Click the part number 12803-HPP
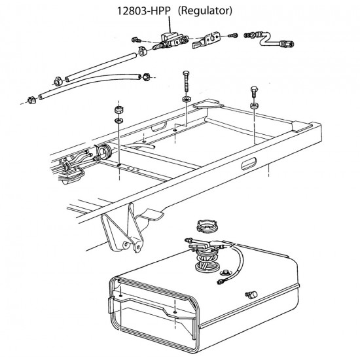(144, 10)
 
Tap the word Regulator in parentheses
(205, 10)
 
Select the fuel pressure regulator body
(171, 41)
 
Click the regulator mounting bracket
(206, 40)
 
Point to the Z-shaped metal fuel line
(269, 39)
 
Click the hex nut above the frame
(118, 110)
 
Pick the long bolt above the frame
(186, 82)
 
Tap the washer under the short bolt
(254, 106)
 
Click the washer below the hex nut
(118, 120)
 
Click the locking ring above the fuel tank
(207, 226)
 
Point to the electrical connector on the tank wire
(221, 281)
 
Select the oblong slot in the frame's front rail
(249, 163)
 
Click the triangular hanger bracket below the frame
(122, 230)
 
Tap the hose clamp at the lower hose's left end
(31, 100)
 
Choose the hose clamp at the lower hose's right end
(145, 77)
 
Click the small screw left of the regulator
(137, 40)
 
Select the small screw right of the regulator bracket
(232, 35)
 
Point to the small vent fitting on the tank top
(251, 295)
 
